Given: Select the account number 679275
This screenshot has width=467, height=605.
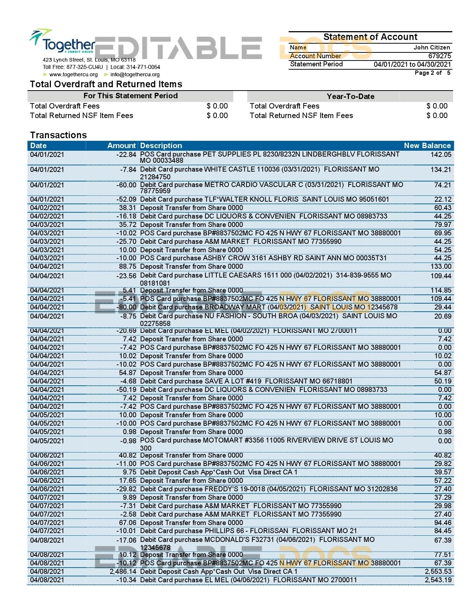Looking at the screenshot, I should click(x=440, y=56).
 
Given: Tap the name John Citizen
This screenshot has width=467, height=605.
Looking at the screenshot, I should click(x=431, y=47).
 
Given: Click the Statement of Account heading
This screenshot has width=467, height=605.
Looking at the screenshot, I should click(x=370, y=37).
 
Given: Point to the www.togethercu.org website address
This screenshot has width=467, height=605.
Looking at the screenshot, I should click(x=73, y=74).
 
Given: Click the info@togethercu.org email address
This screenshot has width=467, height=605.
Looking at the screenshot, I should click(x=135, y=74).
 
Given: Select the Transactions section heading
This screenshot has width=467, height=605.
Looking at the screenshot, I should click(x=58, y=135).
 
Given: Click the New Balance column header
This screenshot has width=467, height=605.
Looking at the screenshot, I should click(x=427, y=146).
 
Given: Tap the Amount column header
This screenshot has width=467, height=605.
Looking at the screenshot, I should click(x=121, y=146).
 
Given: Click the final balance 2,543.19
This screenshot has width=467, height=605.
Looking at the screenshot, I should click(x=438, y=580).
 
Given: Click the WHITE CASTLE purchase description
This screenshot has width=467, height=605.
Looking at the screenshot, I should click(x=260, y=170).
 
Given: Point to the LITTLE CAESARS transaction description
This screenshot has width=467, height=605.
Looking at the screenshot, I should click(x=266, y=275).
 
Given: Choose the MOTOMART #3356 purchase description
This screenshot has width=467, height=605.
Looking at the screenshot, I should click(x=266, y=440).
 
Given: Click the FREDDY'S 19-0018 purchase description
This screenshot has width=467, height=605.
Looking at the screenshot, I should click(x=268, y=489).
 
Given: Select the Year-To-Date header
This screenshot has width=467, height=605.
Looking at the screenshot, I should click(x=350, y=96).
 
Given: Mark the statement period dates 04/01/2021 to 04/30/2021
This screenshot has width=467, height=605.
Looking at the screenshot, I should click(x=412, y=64).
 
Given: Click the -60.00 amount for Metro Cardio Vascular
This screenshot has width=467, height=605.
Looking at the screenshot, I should click(x=126, y=185).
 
